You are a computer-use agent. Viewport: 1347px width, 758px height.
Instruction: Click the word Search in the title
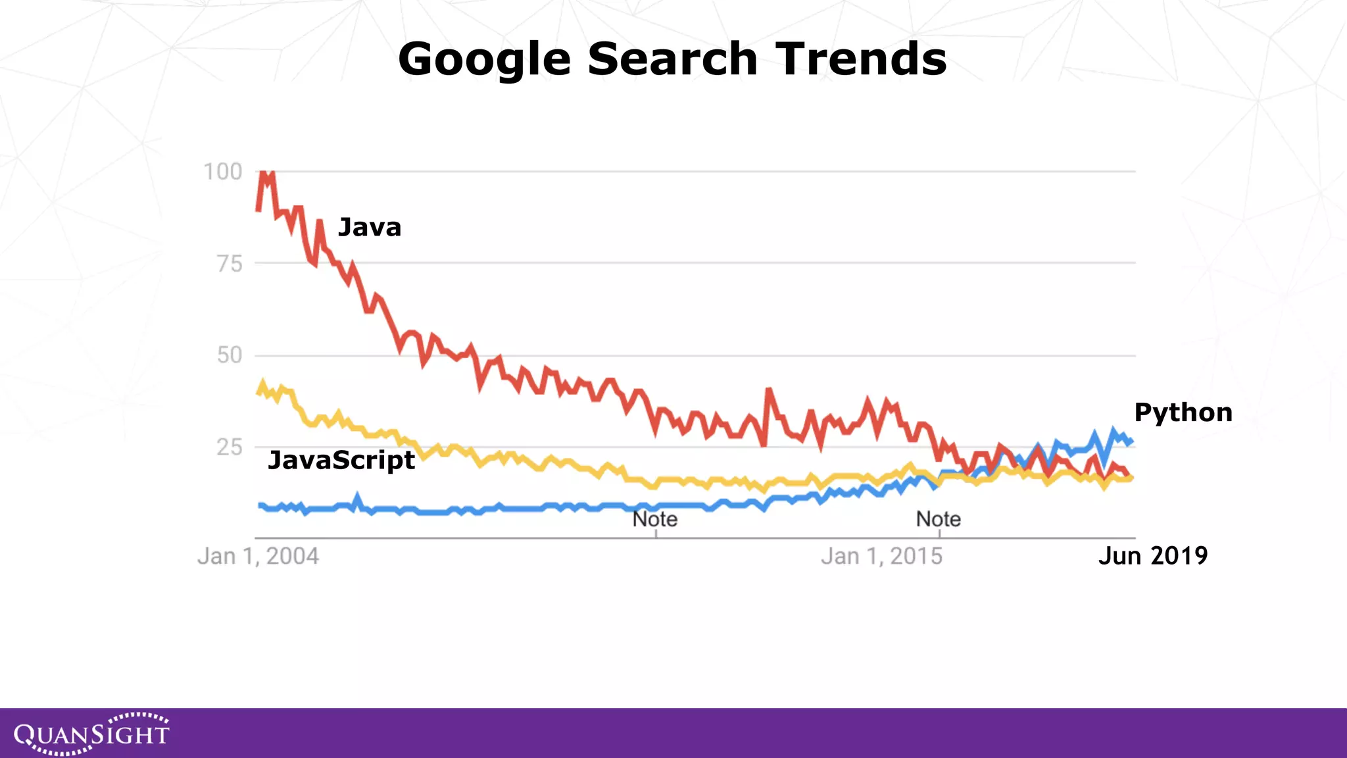pyautogui.click(x=672, y=59)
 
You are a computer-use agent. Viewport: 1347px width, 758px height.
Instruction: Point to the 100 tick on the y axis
pyautogui.click(x=223, y=172)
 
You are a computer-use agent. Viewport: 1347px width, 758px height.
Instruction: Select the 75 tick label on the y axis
pyautogui.click(x=230, y=264)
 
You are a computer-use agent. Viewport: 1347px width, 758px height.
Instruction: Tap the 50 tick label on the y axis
pyautogui.click(x=230, y=355)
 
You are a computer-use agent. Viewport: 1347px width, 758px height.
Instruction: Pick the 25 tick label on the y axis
pyautogui.click(x=230, y=447)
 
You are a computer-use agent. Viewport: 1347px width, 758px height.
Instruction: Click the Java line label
pyautogui.click(x=369, y=228)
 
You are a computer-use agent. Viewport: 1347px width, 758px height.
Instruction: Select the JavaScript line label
pyautogui.click(x=341, y=460)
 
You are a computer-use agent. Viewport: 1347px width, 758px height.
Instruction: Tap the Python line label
pyautogui.click(x=1183, y=413)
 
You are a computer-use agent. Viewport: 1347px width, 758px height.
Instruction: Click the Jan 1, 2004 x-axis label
pyautogui.click(x=258, y=557)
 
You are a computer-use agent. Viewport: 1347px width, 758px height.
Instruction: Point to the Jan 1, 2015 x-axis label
pyautogui.click(x=881, y=557)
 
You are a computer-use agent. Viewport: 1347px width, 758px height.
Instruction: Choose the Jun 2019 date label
pyautogui.click(x=1152, y=556)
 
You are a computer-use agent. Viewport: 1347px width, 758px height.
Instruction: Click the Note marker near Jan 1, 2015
pyautogui.click(x=938, y=520)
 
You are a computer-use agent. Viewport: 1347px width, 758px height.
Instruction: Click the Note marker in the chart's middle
pyautogui.click(x=654, y=520)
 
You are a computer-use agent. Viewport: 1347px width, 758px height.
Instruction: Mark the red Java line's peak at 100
pyautogui.click(x=264, y=173)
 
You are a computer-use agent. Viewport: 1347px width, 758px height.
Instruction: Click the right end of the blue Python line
pyautogui.click(x=1131, y=442)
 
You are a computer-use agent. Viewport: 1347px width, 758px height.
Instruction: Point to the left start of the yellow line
pyautogui.click(x=258, y=392)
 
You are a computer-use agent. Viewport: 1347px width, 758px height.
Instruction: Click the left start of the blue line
pyautogui.click(x=259, y=505)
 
